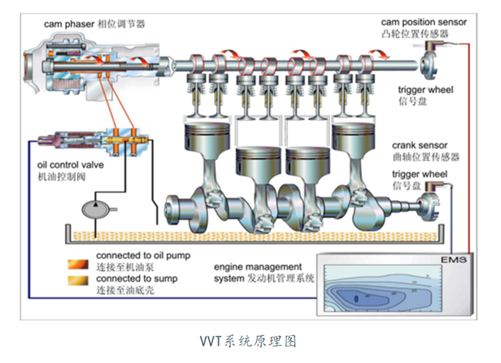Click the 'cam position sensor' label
click(424, 22)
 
